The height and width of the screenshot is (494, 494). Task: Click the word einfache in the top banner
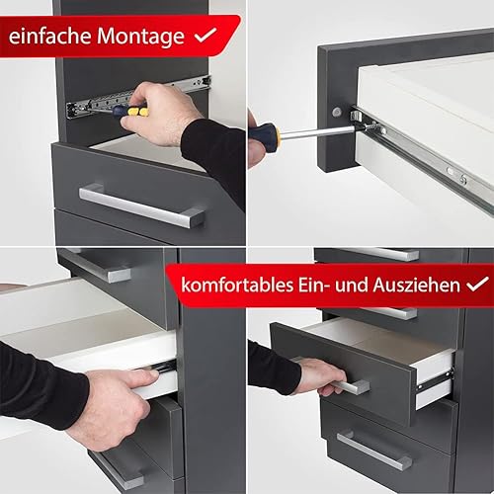click(x=49, y=36)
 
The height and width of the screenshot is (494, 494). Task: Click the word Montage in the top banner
click(x=140, y=37)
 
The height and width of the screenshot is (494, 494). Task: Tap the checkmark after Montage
click(x=206, y=36)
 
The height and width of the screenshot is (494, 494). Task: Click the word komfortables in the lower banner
click(x=237, y=285)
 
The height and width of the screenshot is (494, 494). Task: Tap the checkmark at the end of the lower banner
click(x=477, y=284)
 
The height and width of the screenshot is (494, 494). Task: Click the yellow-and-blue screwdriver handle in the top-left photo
click(x=130, y=112)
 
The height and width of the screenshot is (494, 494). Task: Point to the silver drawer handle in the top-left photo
click(x=141, y=206)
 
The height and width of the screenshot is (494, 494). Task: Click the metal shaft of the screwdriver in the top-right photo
click(x=316, y=132)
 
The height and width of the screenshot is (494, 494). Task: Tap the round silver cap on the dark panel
click(x=336, y=112)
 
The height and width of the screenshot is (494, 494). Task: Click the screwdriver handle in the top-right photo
click(x=264, y=134)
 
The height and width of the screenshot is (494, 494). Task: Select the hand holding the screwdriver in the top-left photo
click(x=158, y=114)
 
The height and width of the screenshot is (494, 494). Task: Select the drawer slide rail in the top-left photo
click(x=138, y=97)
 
